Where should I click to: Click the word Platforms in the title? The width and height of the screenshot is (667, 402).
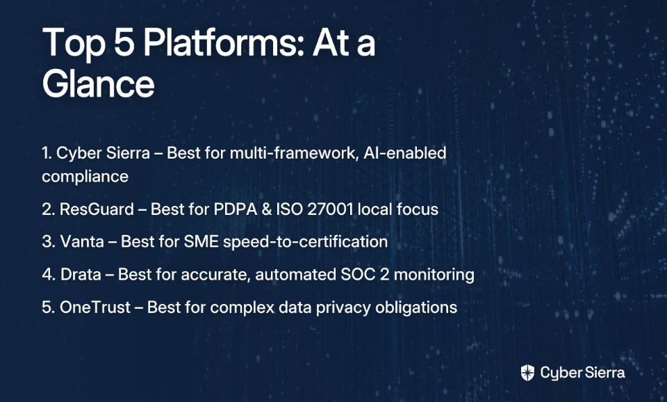224,43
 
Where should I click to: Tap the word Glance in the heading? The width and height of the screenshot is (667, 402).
98,84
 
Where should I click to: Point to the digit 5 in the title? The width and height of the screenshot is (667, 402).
124,42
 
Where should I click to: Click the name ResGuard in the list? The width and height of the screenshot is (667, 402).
97,209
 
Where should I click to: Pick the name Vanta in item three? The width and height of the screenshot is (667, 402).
82,241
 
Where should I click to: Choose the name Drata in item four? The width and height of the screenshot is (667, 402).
81,274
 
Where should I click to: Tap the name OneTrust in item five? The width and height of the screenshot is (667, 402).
95,307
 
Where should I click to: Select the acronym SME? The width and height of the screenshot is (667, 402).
201,241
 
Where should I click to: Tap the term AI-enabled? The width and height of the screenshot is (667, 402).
405,152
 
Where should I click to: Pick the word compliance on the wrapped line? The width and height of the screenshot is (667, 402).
85,177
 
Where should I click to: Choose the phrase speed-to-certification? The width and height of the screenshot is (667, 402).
306,242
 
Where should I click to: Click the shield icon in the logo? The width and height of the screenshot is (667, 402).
527,373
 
